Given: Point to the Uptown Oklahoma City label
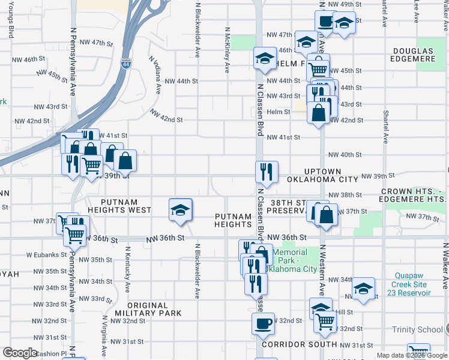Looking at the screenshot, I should coord(322,175).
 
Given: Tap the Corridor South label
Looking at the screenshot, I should coord(300,344).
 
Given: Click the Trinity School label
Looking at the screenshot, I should coord(418,329).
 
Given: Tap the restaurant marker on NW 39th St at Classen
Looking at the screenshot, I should coord(266,172).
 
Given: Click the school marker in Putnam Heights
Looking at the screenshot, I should coord(180,209).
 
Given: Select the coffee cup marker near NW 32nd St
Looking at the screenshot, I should coord(263,323).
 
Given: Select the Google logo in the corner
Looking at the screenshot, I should coord(20,353).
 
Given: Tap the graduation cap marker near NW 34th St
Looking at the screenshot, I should coord(364,289).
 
